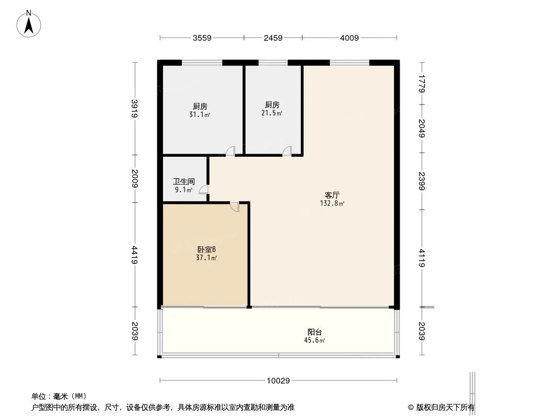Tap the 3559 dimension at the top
(x=201, y=38)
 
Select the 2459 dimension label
(x=273, y=38)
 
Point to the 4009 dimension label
(x=349, y=38)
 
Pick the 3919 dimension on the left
(x=134, y=109)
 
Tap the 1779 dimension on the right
(x=422, y=84)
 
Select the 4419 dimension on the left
(x=134, y=255)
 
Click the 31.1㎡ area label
(x=200, y=114)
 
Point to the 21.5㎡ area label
(x=272, y=112)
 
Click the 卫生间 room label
(x=184, y=182)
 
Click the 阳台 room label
(x=315, y=332)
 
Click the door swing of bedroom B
(x=235, y=207)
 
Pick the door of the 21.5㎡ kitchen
(x=286, y=152)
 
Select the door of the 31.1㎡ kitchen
(x=230, y=152)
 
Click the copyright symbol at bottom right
(x=411, y=407)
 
